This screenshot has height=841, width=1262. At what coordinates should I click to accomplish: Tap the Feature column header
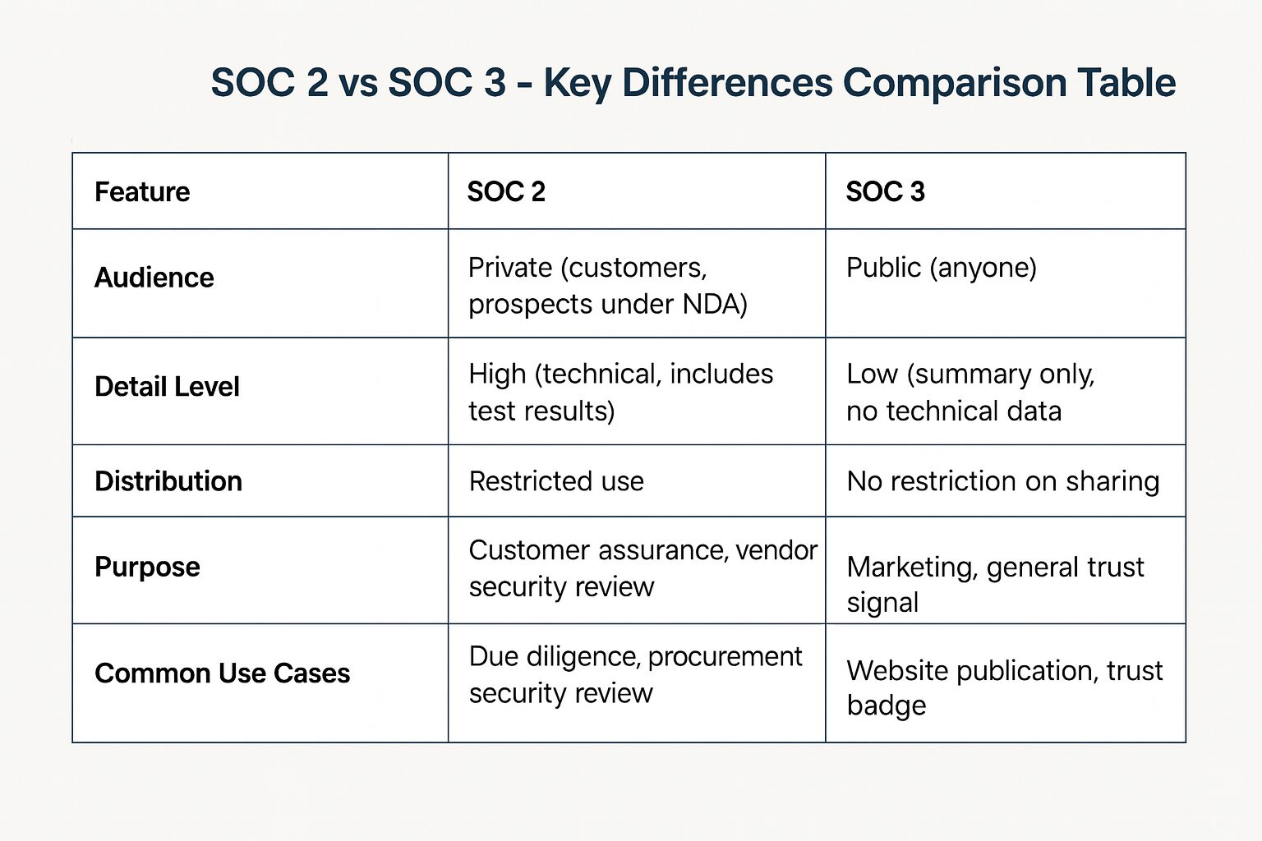click(x=142, y=192)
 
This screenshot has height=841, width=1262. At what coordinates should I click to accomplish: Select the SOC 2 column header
click(x=506, y=192)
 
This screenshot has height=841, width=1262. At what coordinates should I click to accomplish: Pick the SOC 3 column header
click(x=885, y=192)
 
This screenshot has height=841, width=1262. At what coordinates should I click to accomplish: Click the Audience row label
click(x=154, y=278)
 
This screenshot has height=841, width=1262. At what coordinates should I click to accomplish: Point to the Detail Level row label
click(x=167, y=387)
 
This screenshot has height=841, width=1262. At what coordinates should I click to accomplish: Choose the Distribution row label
click(x=168, y=481)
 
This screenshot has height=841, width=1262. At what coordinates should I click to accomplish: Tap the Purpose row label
click(x=147, y=567)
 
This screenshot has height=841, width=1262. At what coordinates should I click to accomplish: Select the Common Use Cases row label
click(x=223, y=673)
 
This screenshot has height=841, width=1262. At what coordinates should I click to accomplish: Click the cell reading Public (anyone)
click(x=942, y=268)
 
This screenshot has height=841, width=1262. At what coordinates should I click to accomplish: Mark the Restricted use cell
click(x=556, y=481)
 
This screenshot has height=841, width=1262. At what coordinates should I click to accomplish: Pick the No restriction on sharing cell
click(x=1003, y=481)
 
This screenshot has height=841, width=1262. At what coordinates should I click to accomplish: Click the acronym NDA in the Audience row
click(x=714, y=305)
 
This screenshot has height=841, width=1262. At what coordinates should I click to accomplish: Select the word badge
click(x=887, y=706)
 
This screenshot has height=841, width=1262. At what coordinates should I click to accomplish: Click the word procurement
click(x=725, y=657)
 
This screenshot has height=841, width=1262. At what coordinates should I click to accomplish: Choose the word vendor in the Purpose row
click(x=776, y=550)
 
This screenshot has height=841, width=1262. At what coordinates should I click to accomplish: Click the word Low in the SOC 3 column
click(x=872, y=375)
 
